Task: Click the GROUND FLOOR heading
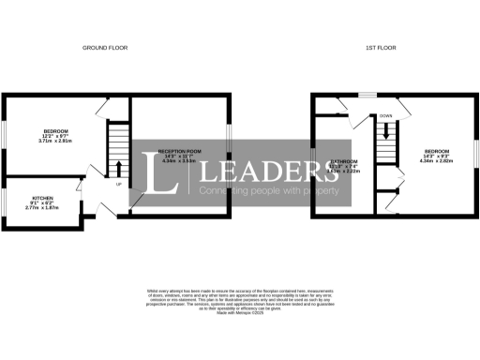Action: pyautogui.click(x=104, y=47)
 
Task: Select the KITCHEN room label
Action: pyautogui.click(x=42, y=198)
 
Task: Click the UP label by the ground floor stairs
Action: pyautogui.click(x=118, y=184)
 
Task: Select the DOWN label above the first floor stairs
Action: pyautogui.click(x=385, y=116)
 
